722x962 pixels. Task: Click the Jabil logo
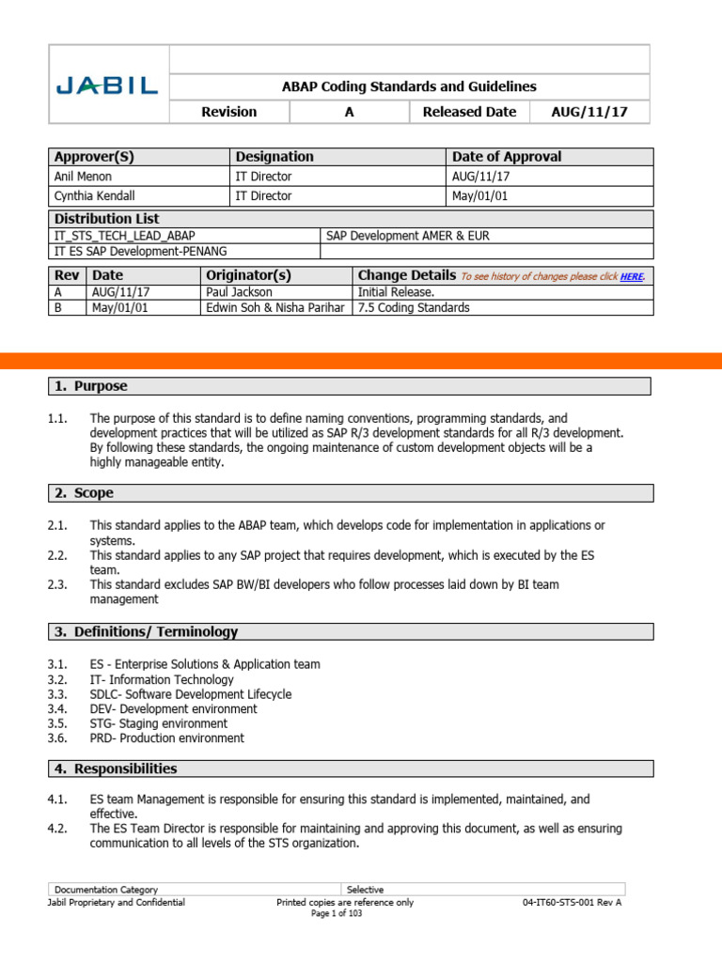tap(107, 87)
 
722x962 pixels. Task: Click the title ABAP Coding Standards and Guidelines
tap(409, 86)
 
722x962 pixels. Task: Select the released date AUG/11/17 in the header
tap(589, 112)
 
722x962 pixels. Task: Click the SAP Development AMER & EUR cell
tap(407, 235)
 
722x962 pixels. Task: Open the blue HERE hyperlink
tap(632, 276)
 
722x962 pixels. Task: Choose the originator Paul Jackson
tap(239, 292)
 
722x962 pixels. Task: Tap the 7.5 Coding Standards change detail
tap(414, 307)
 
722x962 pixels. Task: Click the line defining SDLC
tap(191, 694)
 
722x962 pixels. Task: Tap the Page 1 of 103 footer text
tap(336, 914)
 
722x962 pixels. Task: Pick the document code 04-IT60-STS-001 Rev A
tap(573, 902)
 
